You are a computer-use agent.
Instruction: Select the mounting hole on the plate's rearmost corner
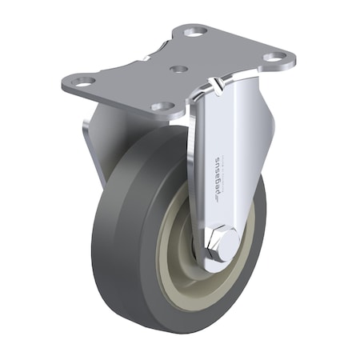point(193,33)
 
